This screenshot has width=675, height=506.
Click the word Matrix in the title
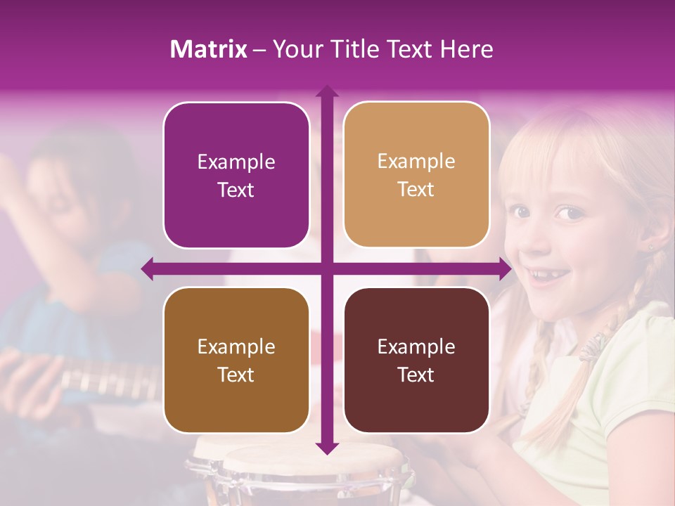(208, 49)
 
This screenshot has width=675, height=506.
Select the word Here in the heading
(466, 49)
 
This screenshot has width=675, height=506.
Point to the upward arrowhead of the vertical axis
(326, 91)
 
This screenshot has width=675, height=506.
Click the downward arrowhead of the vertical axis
(326, 448)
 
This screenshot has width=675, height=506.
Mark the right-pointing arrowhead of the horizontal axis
(504, 268)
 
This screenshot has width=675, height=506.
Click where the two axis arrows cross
(326, 268)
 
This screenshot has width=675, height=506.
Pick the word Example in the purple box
(236, 162)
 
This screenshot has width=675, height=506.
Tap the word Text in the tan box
(416, 190)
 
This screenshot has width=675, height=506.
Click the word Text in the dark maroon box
(416, 375)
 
